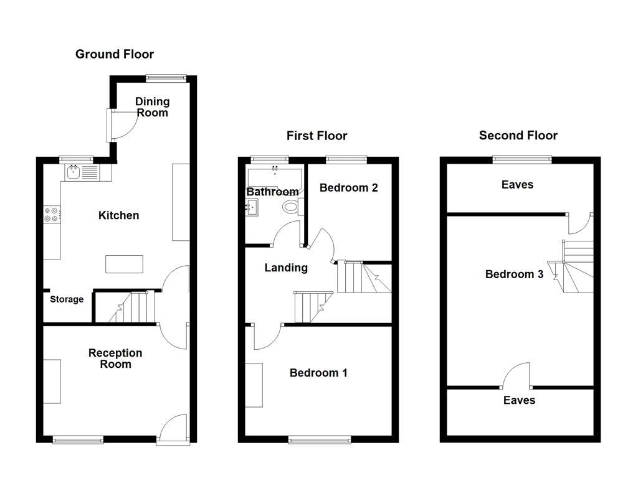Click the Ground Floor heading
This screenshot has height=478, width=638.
click(x=115, y=54)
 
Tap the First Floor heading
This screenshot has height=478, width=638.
click(x=317, y=135)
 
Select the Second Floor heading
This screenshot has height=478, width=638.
click(x=518, y=135)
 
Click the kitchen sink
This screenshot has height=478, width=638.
click(x=74, y=173)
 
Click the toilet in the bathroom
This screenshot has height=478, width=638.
click(x=292, y=207)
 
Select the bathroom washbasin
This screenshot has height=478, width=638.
click(x=252, y=207)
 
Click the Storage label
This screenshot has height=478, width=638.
click(x=67, y=299)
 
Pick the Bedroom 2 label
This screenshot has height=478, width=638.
click(x=349, y=188)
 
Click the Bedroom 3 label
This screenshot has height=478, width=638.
click(x=514, y=274)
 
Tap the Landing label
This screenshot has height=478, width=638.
click(x=286, y=268)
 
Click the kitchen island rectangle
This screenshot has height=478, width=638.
click(x=124, y=264)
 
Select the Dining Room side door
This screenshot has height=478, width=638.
click(x=123, y=125)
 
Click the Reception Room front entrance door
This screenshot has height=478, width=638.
click(x=173, y=429)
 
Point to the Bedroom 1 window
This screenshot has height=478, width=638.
click(x=320, y=439)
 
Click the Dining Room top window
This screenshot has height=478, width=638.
click(x=166, y=78)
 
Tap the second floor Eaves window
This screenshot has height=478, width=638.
click(x=522, y=159)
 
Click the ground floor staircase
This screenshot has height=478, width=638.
click(x=131, y=307)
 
